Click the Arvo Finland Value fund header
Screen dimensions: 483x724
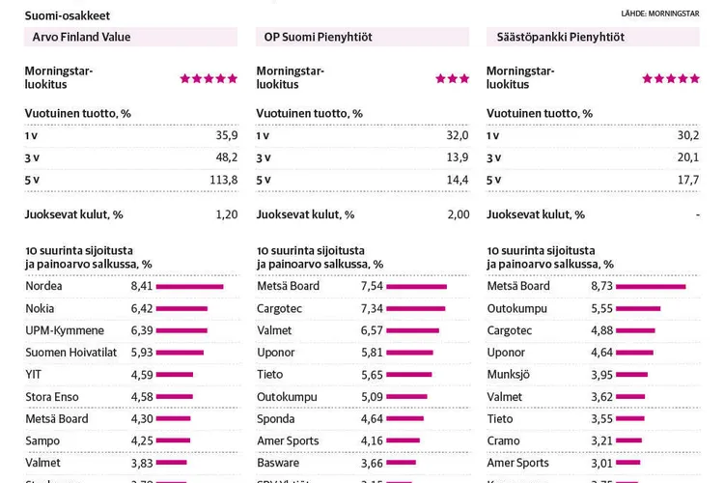[82, 37]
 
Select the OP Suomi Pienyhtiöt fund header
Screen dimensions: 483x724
[319, 37]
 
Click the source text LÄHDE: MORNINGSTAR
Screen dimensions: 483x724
[660, 14]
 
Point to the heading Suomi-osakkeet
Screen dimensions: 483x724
[68, 15]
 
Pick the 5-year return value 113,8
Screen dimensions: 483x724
[223, 180]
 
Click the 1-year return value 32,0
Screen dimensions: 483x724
[457, 135]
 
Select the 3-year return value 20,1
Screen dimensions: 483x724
[687, 157]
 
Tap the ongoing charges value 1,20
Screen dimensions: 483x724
[226, 214]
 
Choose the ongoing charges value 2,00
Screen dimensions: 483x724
[458, 214]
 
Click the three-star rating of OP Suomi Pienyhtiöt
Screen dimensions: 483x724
[452, 78]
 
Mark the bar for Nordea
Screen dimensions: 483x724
[189, 287]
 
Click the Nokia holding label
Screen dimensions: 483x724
[40, 309]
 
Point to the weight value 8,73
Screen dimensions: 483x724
[601, 287]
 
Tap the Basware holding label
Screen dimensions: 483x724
[279, 463]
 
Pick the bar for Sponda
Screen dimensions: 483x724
[405, 419]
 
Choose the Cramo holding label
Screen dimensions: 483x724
[504, 440]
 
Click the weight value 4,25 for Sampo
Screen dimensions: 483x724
[142, 440]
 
